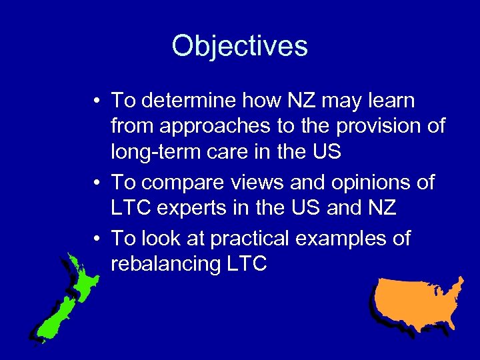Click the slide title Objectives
pos(239,46)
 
